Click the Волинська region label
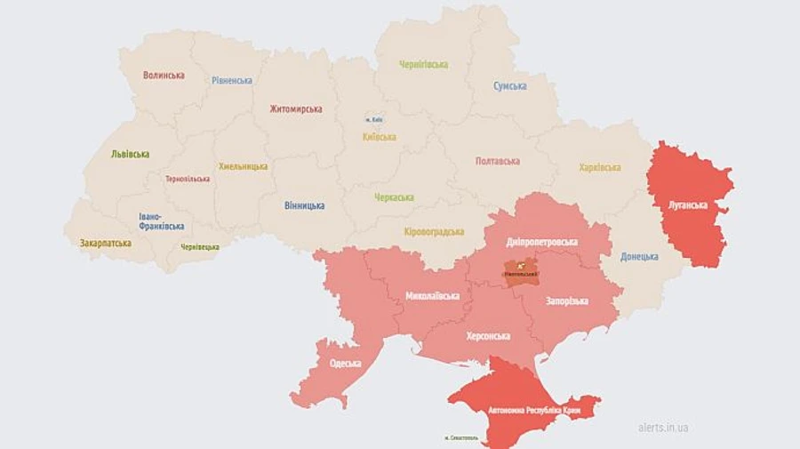pos(164,76)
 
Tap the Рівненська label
pos(231,81)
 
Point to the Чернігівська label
pos(423,65)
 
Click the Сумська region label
pos(510,86)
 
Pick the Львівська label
pos(130,154)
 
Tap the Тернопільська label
pos(188,179)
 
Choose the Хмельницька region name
pos(243,166)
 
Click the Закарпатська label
pos(105,243)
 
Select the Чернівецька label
pos(200,246)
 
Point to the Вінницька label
pos(304,205)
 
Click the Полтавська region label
pos(498,161)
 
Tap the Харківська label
pos(599,167)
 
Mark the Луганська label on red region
pos(688,204)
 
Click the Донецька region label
pos(640,256)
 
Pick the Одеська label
pos(345,363)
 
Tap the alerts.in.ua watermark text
pos(663,428)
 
